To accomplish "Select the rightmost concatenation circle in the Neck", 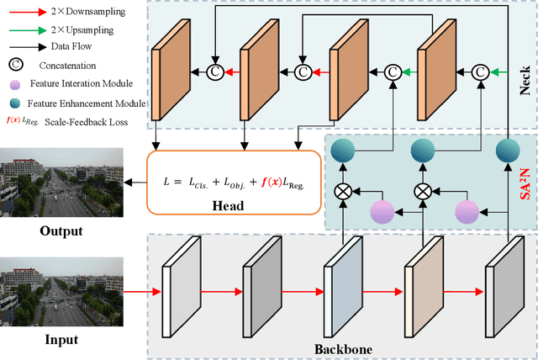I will point(480,73).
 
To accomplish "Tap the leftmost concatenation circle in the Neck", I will point(215,73).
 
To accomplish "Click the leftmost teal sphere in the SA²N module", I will point(343,151).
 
